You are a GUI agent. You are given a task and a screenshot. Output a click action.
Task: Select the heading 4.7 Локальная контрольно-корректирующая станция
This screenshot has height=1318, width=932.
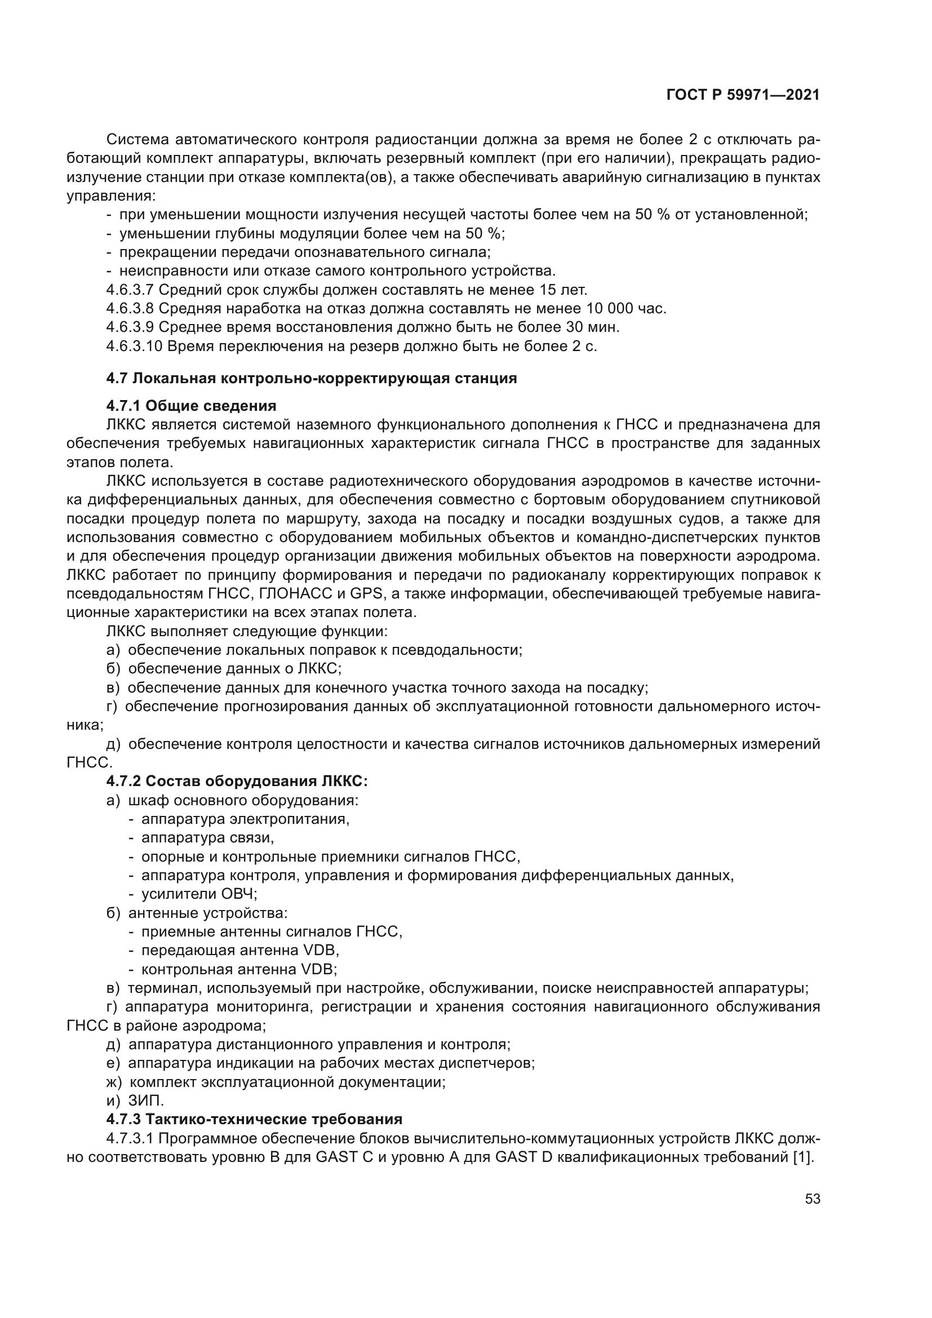point(311,378)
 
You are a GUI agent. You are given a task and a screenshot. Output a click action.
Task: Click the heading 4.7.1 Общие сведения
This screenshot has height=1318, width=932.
point(191,406)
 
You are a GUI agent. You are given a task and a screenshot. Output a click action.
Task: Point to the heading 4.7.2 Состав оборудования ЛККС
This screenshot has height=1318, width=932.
point(237,781)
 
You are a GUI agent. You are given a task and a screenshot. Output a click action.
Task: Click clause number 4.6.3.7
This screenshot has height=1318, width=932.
point(130,290)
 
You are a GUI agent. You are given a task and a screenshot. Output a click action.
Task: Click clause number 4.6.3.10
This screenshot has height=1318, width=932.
point(134,347)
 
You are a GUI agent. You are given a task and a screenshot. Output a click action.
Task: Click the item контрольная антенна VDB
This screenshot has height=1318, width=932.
point(239,969)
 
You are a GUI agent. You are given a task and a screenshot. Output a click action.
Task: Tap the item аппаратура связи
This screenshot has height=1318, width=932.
point(207,837)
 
